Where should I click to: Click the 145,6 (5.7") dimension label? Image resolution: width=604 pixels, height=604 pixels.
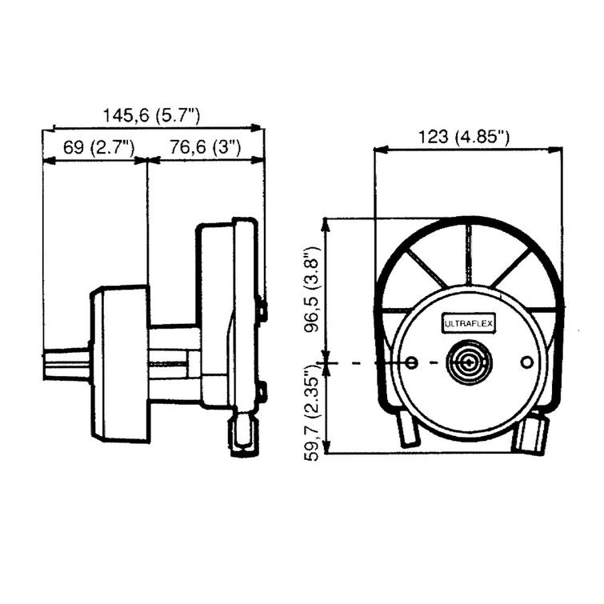(x=151, y=115)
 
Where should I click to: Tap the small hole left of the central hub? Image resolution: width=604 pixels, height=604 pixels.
(x=412, y=363)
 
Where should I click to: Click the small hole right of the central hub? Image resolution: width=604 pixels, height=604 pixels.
(x=526, y=363)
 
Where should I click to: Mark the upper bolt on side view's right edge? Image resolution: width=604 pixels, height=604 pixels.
(x=262, y=310)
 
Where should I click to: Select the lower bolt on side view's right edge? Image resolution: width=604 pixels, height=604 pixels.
(x=261, y=393)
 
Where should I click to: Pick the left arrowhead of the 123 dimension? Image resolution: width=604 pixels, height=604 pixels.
(x=378, y=149)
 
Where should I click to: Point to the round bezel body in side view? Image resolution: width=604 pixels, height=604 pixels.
(x=120, y=364)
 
